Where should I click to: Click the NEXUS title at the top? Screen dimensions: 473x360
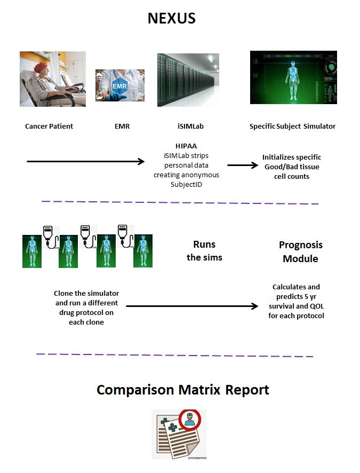click(x=171, y=19)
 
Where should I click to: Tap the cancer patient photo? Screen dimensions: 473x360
click(x=52, y=78)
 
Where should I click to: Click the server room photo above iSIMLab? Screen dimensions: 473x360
click(x=188, y=80)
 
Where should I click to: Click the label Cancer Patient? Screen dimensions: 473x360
click(x=49, y=127)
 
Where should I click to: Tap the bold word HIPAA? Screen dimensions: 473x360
click(x=187, y=146)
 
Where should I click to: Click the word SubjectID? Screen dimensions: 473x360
click(x=186, y=184)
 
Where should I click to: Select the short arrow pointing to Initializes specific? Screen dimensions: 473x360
click(x=243, y=165)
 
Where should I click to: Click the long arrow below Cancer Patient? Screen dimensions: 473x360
click(x=85, y=161)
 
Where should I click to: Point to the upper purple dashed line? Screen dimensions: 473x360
click(x=180, y=202)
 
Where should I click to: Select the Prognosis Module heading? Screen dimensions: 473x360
click(x=300, y=251)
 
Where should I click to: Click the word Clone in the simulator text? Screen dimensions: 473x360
click(x=65, y=294)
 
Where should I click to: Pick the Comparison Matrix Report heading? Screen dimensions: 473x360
click(x=182, y=390)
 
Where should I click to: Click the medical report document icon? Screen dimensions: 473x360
click(x=178, y=433)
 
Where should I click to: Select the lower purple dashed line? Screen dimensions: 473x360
click(x=174, y=355)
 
